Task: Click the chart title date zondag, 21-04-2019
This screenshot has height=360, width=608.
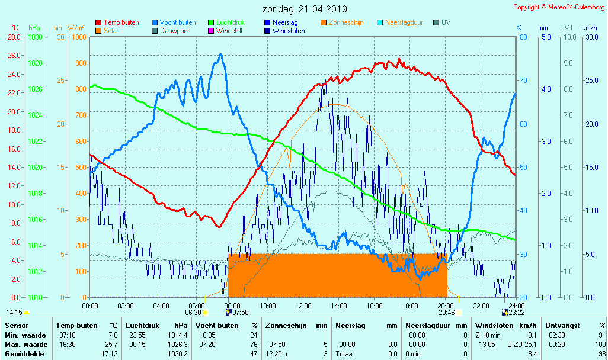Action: [x=305, y=9]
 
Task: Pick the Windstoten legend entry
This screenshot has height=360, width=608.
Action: [x=289, y=31]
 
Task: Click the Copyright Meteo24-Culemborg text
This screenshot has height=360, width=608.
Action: [x=559, y=7]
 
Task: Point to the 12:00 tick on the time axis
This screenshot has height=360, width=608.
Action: [x=303, y=306]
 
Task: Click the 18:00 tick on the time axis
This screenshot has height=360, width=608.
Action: [x=410, y=306]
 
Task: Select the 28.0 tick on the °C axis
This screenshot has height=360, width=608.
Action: [x=14, y=37]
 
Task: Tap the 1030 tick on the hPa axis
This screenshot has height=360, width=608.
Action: [x=35, y=37]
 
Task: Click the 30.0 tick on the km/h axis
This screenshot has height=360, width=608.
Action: [x=590, y=37]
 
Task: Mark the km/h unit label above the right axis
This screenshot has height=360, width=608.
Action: [x=589, y=28]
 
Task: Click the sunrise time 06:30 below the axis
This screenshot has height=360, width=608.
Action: [x=193, y=312]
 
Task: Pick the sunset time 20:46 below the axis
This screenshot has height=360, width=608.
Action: [x=447, y=312]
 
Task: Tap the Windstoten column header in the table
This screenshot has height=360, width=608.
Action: [x=493, y=326]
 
